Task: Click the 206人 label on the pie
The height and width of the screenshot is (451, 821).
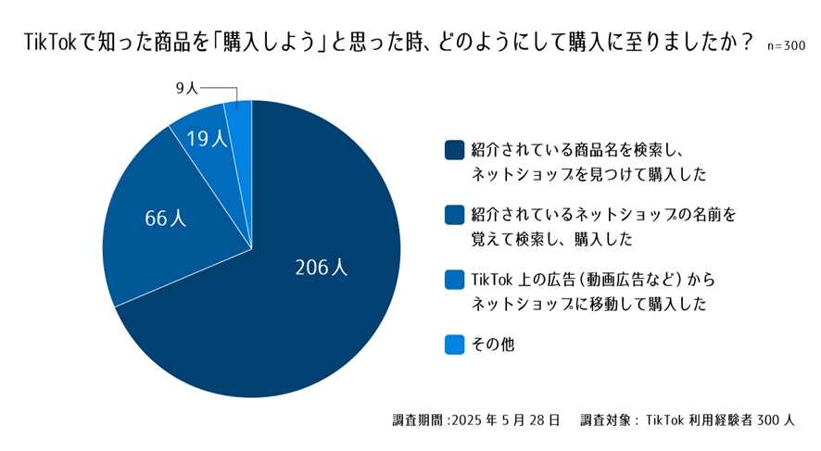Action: point(321,268)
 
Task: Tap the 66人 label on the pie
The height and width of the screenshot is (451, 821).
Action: point(166,219)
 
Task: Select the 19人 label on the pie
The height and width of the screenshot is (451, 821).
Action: point(206,139)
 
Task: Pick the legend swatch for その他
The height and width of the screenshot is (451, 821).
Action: point(454,344)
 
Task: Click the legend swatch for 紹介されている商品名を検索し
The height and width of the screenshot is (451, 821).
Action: point(454,149)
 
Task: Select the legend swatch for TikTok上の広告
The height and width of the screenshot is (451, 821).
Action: point(454,280)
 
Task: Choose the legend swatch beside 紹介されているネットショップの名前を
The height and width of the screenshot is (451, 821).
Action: point(454,215)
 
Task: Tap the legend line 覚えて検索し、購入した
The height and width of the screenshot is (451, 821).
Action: point(550,238)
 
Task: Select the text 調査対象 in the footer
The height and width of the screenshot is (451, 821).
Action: point(605,420)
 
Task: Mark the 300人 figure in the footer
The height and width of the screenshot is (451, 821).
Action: point(776,420)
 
